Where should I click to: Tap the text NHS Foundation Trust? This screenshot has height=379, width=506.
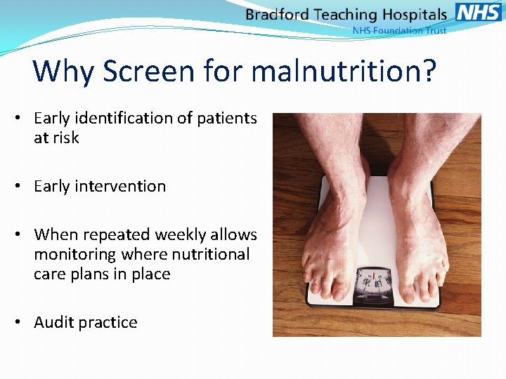click(x=398, y=31)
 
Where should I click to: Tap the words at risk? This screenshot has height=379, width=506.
click(x=56, y=138)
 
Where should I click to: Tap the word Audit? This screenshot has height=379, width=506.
click(x=56, y=323)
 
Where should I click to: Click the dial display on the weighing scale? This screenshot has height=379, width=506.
click(x=374, y=281)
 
